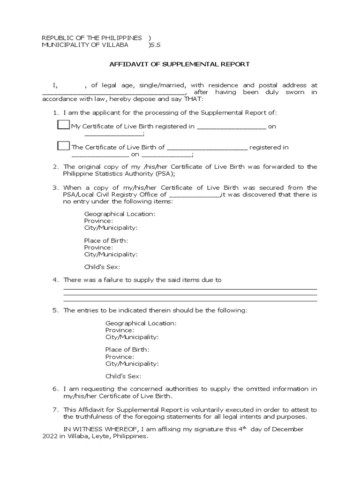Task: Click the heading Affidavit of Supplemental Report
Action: coord(180,64)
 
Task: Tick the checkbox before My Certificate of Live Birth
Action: coord(63,125)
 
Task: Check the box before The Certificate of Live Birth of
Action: coord(63,146)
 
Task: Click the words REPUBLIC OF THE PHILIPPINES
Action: coord(92,37)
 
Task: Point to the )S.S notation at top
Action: coord(154,45)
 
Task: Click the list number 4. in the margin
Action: coord(55,280)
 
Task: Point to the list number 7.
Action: coord(55,410)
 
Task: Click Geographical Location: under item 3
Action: coord(120,214)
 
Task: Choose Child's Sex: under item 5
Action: coord(123,376)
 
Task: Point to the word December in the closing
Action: coord(287,429)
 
